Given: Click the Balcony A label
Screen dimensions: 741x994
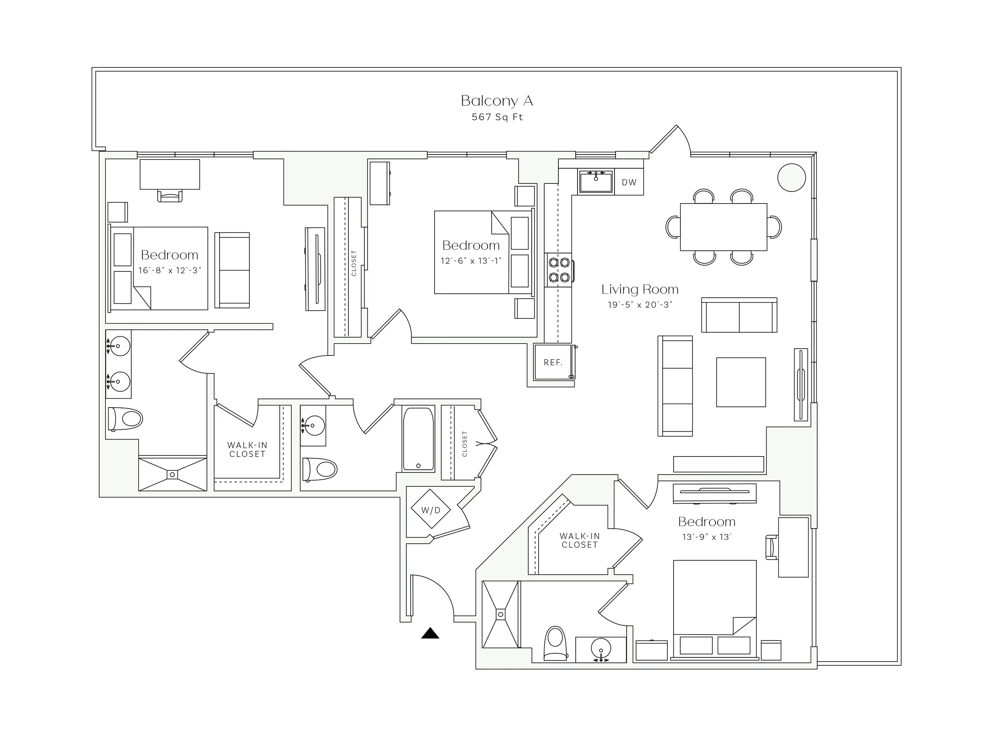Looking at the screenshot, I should [x=496, y=101].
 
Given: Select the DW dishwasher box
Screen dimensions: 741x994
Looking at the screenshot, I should [x=629, y=182].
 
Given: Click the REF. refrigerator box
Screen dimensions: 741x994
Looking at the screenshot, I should [x=553, y=362].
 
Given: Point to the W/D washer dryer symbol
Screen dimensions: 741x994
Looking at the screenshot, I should [x=431, y=510].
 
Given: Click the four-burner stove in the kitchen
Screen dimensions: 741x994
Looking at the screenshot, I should [x=559, y=270].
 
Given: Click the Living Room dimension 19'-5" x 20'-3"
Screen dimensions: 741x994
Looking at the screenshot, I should [x=640, y=305].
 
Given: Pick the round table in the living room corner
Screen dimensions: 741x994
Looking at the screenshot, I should [x=791, y=178].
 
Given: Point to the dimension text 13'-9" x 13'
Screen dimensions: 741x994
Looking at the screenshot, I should [x=706, y=537].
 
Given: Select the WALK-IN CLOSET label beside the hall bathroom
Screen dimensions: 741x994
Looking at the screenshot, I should [x=247, y=450].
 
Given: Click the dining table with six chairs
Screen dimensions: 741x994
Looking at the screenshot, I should [x=723, y=227].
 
